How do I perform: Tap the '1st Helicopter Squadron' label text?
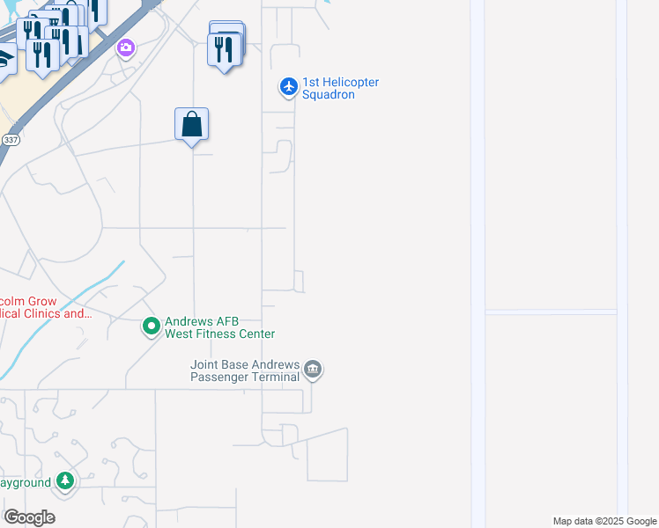point(340,88)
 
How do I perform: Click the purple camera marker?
point(126,47)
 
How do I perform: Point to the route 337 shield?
point(11,140)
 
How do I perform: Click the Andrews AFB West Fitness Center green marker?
point(151,326)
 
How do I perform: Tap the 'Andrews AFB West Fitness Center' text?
point(219,327)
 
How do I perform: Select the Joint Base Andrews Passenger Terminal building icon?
point(314,370)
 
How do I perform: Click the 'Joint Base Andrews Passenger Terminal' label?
point(247,370)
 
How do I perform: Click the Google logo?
point(29,517)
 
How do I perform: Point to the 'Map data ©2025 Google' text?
point(604,521)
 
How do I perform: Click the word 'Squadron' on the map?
point(329,94)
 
